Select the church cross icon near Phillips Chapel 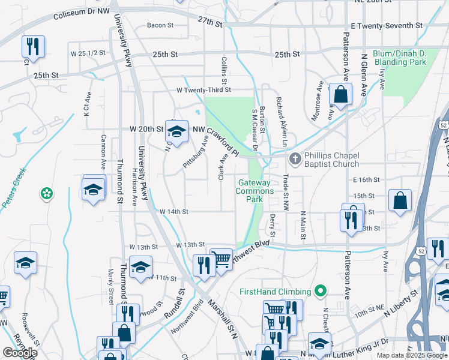click(x=295, y=159)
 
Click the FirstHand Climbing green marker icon click(x=321, y=292)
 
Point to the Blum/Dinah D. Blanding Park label click(x=399, y=58)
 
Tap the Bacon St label click(x=160, y=25)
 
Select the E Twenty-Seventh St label click(x=387, y=25)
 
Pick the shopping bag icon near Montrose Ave click(x=340, y=94)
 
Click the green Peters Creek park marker click(x=46, y=193)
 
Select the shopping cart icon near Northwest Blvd click(x=221, y=259)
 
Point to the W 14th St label click(x=174, y=212)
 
